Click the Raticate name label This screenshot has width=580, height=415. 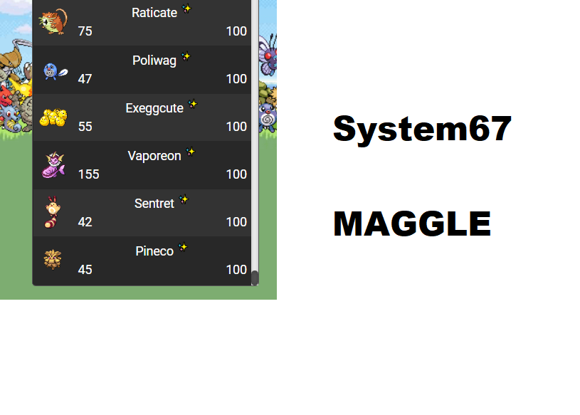pos(154,13)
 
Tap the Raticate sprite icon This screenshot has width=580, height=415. pos(53,22)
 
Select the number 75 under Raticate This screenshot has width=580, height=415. pos(85,31)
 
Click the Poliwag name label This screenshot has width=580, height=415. pos(154,61)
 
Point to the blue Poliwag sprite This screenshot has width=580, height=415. pos(53,70)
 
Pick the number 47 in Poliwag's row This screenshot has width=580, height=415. pos(85,79)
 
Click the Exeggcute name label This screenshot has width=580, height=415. pos(154,108)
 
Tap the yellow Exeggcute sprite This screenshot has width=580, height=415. pos(53,117)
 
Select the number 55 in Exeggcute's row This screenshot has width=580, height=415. pos(85,127)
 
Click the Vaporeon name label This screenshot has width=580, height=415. pos(154,156)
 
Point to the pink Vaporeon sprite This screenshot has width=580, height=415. pos(53,165)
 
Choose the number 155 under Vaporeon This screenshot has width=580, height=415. pos(88,174)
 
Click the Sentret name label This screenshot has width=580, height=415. pos(154,204)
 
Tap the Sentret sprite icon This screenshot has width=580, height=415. pos(52,212)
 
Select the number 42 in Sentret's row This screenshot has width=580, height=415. pos(85,222)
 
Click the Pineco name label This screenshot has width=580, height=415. pos(154,251)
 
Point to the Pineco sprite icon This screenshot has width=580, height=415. pos(51,260)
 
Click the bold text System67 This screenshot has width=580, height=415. pos(422,130)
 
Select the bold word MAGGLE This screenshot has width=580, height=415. pos(412,224)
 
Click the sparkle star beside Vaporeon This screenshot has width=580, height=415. pos(191,152)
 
